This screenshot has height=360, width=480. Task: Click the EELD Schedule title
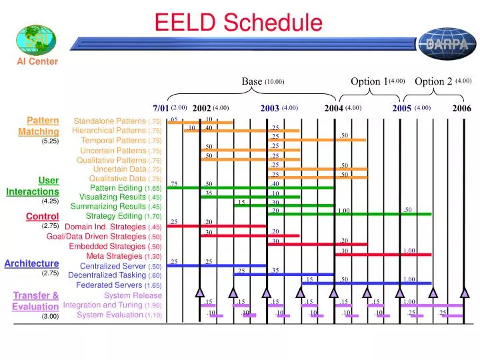click(x=238, y=23)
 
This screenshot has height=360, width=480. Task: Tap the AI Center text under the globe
click(x=37, y=62)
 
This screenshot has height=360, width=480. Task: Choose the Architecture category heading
click(x=31, y=263)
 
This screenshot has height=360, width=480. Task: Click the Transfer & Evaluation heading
click(x=36, y=301)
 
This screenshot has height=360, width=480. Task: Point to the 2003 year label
click(x=269, y=108)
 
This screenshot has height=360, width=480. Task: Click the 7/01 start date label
click(x=161, y=108)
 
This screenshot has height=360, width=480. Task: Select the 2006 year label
click(x=461, y=108)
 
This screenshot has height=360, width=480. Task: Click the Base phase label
click(x=251, y=81)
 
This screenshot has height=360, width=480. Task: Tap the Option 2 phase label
click(x=433, y=81)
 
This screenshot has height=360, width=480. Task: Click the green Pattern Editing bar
click(x=250, y=188)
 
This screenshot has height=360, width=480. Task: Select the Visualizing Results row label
click(x=111, y=197)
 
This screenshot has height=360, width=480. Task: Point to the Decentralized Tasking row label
click(x=107, y=275)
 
